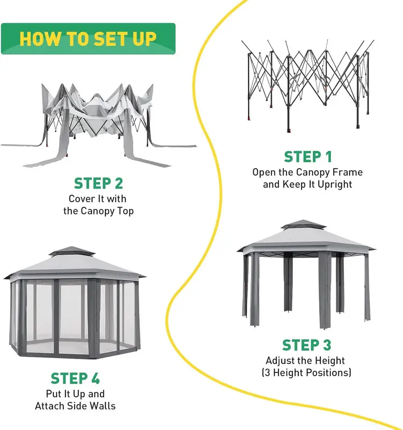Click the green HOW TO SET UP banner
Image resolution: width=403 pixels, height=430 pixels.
(x=88, y=39)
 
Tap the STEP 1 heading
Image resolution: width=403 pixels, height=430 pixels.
(x=308, y=156)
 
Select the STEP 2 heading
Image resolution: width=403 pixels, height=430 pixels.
(x=98, y=183)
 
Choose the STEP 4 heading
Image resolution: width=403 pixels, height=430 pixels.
(x=75, y=378)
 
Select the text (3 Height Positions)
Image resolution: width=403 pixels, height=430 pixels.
(x=308, y=372)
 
